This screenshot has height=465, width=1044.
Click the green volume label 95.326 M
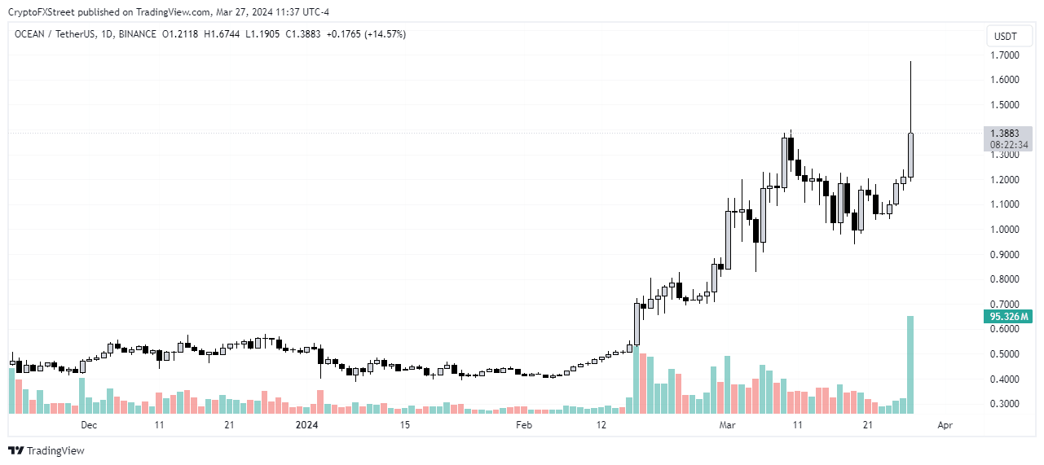(x=1009, y=316)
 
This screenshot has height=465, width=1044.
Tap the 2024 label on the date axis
(x=306, y=425)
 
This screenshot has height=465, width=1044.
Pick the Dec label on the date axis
(x=89, y=425)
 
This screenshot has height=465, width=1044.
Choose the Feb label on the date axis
(x=524, y=425)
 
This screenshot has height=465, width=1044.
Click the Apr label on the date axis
(x=945, y=425)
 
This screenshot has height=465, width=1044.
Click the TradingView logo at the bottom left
(x=46, y=450)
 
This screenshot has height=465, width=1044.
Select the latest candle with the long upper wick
(x=910, y=155)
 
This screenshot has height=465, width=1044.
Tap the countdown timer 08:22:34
(x=1009, y=144)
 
